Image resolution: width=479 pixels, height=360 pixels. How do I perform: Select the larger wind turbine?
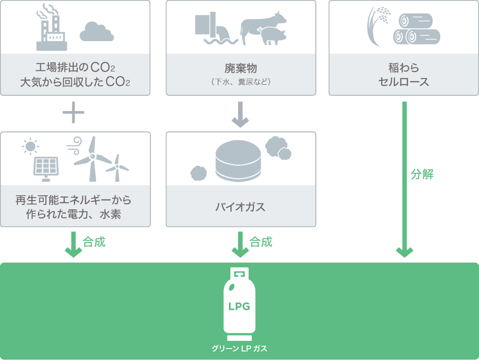coord(92,158)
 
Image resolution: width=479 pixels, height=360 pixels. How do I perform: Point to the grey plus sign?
coord(73,113)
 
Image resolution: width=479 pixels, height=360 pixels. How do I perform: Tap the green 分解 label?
coord(422,174)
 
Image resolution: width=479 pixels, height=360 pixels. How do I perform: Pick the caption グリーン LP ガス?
coord(239,349)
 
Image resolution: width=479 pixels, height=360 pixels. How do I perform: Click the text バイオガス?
coord(240,207)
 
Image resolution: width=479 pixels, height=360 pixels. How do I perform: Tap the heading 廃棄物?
coord(240,68)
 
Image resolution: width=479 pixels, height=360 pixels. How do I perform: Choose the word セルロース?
coord(404,81)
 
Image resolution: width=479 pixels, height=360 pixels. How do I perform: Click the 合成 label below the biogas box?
coord(261,242)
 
